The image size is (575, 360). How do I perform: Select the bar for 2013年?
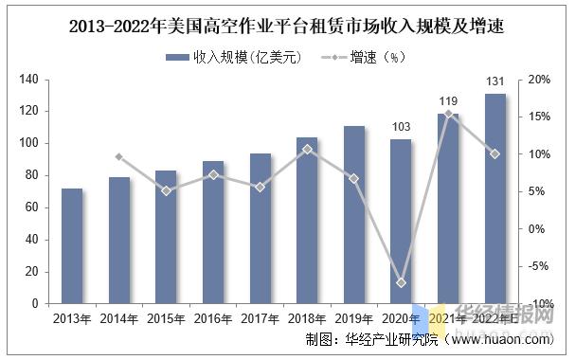click(x=72, y=245)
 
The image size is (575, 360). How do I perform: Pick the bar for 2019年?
click(x=354, y=214)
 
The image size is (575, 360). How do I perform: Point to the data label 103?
click(x=402, y=127)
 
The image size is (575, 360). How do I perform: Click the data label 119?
click(x=448, y=101)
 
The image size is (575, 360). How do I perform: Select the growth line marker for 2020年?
click(x=402, y=282)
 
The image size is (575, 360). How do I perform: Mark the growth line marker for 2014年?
click(x=119, y=156)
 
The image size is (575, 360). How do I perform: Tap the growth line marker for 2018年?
click(x=307, y=149)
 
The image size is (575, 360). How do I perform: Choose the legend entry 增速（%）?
click(x=379, y=57)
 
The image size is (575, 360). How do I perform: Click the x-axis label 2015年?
click(x=166, y=318)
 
